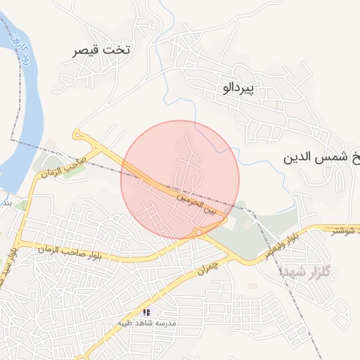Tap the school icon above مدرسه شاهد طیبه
click(146, 311)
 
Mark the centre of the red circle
click(180, 181)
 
